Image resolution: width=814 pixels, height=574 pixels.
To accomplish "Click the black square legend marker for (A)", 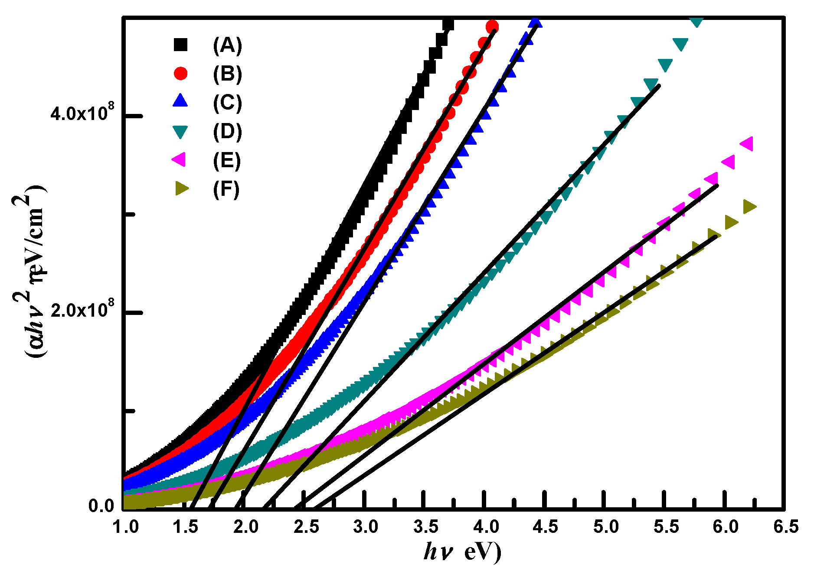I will [x=180, y=45].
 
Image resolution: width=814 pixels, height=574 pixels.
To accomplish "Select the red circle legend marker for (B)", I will [x=180, y=73].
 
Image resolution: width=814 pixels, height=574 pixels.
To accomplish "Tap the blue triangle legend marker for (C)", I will [x=180, y=101].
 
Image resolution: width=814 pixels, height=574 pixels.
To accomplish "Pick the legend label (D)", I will [x=227, y=131].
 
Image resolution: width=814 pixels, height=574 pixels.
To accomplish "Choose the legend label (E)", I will [x=227, y=160].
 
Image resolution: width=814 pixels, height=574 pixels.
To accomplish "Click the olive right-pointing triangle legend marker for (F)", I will [x=182, y=188].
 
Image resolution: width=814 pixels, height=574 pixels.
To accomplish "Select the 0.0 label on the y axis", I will [x=101, y=506].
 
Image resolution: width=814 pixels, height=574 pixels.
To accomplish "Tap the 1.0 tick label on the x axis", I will [x=126, y=527].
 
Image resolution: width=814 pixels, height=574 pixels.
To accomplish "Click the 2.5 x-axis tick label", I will [x=306, y=527].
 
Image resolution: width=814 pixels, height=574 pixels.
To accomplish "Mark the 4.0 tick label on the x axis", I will [x=486, y=527].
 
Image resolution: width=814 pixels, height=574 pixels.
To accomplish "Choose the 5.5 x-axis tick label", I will [x=666, y=527].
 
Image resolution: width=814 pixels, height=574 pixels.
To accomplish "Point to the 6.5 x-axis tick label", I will [x=786, y=527].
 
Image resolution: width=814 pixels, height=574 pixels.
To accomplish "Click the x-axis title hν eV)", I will [x=462, y=552].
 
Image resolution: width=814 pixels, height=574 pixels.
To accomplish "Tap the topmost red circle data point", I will [x=492, y=27].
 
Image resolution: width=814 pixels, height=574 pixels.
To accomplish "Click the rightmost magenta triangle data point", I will [x=747, y=143].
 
